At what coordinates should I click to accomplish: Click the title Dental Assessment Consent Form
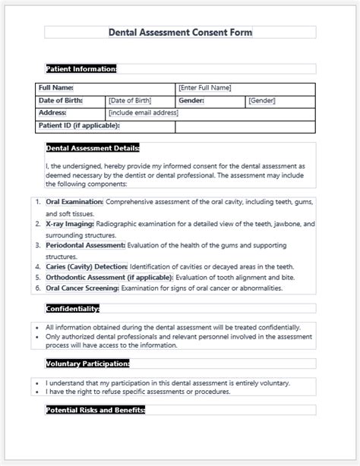click(x=180, y=32)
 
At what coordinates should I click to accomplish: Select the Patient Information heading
click(x=81, y=68)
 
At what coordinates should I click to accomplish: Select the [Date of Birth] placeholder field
click(x=131, y=100)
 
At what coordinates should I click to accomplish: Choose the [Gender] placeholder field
click(x=262, y=100)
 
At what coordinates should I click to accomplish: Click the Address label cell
click(x=52, y=112)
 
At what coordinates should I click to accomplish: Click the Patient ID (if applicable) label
click(x=79, y=124)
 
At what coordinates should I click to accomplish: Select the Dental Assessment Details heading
click(x=93, y=148)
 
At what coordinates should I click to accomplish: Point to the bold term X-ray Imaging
click(x=70, y=224)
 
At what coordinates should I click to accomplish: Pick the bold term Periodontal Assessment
click(x=85, y=245)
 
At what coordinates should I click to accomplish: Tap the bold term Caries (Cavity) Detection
click(x=87, y=266)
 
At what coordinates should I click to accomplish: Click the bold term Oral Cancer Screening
click(x=81, y=288)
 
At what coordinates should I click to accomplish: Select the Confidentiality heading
click(x=71, y=308)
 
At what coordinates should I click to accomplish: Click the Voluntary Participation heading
click(x=87, y=364)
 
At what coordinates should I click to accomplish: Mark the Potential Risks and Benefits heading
click(x=95, y=410)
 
